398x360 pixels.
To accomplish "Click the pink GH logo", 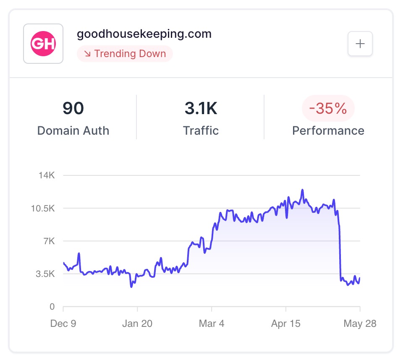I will [43, 44].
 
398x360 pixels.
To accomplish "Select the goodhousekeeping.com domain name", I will [144, 34].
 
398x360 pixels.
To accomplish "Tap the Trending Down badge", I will [125, 54].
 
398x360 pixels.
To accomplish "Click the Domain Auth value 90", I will [73, 108].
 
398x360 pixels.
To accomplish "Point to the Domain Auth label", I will [73, 130].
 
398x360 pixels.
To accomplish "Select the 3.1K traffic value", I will [201, 108].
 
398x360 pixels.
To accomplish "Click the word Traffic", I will [201, 130].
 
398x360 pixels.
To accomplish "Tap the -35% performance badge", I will [328, 108].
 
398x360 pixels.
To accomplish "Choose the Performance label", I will [328, 130].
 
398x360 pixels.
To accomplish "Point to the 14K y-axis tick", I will [47, 175].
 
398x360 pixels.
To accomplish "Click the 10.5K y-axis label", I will [43, 208].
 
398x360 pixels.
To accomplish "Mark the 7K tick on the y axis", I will [49, 241].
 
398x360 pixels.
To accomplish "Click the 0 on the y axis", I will [52, 307].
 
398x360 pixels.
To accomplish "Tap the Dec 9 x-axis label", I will [63, 323].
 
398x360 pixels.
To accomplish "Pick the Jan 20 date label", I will [137, 323].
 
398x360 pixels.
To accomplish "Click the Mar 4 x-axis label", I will [212, 323].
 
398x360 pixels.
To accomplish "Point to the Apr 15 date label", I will [285, 323].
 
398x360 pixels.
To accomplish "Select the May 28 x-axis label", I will [360, 323].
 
